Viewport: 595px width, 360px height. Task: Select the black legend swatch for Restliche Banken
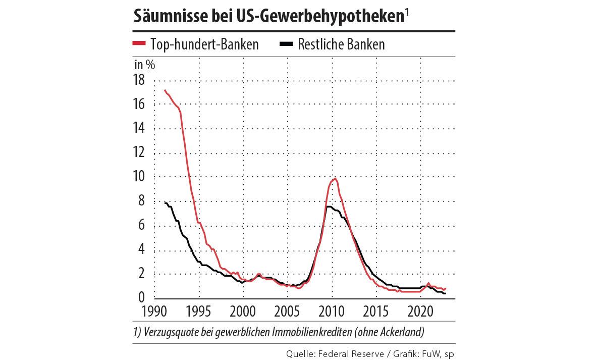tap(286, 44)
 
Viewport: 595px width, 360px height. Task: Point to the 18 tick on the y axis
tap(139, 80)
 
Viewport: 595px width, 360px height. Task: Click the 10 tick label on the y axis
tap(139, 177)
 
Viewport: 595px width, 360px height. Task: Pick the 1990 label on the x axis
tap(154, 310)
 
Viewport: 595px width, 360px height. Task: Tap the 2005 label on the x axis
tap(288, 310)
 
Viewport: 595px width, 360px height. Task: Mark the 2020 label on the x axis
tap(421, 310)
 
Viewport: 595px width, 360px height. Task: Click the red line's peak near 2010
tap(335, 178)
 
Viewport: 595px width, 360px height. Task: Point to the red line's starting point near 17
tap(165, 90)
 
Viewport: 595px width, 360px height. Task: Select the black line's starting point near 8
tap(165, 202)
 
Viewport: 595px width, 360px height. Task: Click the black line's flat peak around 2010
tap(329, 207)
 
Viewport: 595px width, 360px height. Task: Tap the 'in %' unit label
tap(144, 64)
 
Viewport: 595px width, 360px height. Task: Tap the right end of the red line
tap(446, 288)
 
